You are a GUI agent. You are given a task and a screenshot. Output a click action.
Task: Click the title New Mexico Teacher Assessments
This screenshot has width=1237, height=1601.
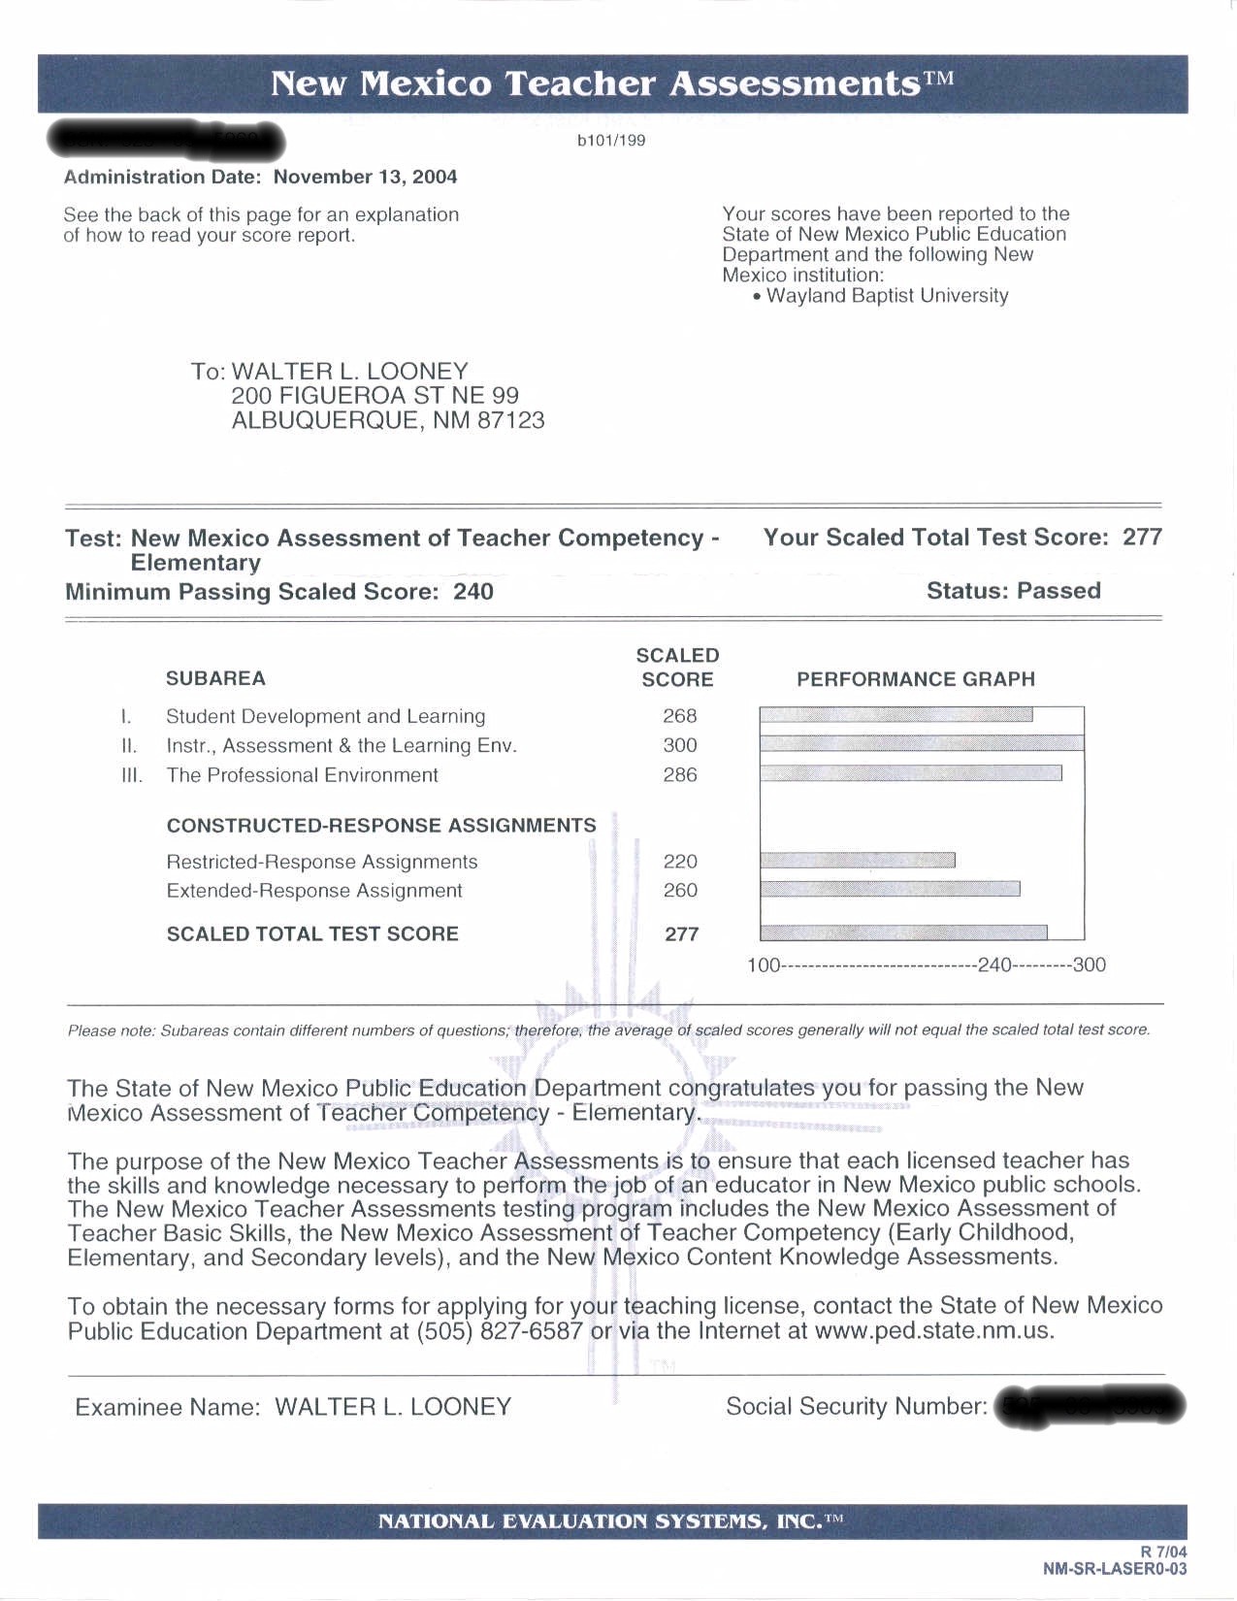click(612, 83)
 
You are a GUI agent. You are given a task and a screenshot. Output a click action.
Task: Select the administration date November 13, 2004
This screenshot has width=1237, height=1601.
click(365, 177)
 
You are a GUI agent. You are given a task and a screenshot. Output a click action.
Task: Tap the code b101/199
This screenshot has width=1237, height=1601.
click(611, 140)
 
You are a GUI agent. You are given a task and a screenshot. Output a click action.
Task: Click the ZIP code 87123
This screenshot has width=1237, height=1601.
click(510, 420)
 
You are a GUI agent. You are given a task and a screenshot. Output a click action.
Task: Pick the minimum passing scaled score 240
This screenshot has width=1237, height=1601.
click(473, 592)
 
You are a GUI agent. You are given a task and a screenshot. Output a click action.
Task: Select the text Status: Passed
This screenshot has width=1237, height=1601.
click(1013, 591)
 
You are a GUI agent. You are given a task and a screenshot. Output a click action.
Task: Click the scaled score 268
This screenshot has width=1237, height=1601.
click(679, 716)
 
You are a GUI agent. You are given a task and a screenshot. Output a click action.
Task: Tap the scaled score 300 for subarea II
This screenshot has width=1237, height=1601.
click(679, 745)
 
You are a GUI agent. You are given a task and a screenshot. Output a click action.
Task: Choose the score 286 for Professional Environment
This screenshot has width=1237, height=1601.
click(679, 774)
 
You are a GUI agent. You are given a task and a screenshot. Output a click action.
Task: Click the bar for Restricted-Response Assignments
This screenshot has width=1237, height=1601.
click(858, 860)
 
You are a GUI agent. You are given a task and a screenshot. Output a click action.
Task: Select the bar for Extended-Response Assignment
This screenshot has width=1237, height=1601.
click(890, 889)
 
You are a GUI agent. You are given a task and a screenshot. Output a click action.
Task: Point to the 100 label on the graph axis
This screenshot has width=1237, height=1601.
click(763, 965)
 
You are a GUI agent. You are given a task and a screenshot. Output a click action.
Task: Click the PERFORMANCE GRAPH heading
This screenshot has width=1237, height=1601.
click(915, 679)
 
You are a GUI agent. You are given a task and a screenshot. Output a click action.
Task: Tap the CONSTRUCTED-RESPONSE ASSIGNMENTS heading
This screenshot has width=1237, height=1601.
click(381, 826)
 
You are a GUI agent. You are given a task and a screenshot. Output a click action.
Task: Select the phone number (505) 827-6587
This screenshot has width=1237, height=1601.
click(500, 1331)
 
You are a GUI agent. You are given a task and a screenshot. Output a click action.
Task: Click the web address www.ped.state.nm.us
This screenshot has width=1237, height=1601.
click(933, 1331)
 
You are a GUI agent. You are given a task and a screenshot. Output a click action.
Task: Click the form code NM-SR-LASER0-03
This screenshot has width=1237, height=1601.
click(1114, 1569)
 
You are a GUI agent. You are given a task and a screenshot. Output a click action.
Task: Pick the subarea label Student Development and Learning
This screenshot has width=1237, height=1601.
click(325, 716)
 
